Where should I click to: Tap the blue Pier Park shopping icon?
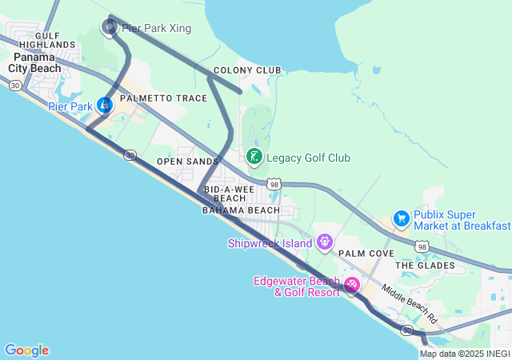click(105, 105)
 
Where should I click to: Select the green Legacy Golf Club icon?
click(254, 157)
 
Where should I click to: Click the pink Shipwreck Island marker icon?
click(324, 241)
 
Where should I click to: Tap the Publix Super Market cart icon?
click(401, 218)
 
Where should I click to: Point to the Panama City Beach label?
click(34, 62)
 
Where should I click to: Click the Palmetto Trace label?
click(163, 98)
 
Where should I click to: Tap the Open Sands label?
click(187, 162)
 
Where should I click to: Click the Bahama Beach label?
click(241, 210)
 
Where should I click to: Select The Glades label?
click(425, 265)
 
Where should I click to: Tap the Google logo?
click(26, 350)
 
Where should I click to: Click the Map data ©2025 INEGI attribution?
click(465, 354)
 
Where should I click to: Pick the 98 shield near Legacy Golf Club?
click(274, 185)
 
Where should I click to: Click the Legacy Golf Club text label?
click(308, 158)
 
